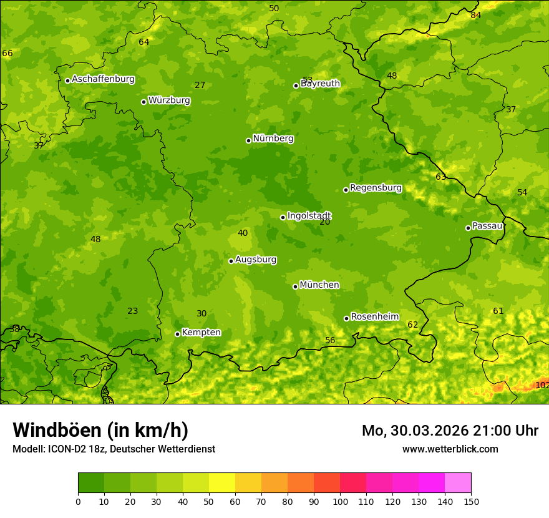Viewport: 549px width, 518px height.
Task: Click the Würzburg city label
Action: pyautogui.click(x=169, y=100)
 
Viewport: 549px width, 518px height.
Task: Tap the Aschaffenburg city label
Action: pyautogui.click(x=103, y=79)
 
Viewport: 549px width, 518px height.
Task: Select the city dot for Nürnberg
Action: pyautogui.click(x=248, y=140)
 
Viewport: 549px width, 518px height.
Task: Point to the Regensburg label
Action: pyautogui.click(x=376, y=188)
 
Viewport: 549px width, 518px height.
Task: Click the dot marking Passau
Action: pyautogui.click(x=468, y=228)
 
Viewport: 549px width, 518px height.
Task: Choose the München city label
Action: pyautogui.click(x=319, y=285)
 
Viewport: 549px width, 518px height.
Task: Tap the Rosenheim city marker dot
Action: pyautogui.click(x=346, y=318)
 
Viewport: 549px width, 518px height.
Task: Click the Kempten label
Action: pyautogui.click(x=201, y=333)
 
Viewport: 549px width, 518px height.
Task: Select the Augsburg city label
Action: pyautogui.click(x=256, y=260)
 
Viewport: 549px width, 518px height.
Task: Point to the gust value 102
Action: pyautogui.click(x=542, y=385)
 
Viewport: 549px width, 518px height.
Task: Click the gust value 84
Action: pyautogui.click(x=476, y=15)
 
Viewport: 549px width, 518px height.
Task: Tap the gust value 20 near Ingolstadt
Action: pyautogui.click(x=325, y=222)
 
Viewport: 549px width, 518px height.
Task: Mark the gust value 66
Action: pyautogui.click(x=7, y=54)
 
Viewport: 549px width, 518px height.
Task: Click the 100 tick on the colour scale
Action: pyautogui.click(x=340, y=501)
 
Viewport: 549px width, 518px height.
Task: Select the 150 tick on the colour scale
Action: pyautogui.click(x=471, y=501)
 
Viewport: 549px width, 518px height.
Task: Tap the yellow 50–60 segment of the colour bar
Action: pyautogui.click(x=222, y=483)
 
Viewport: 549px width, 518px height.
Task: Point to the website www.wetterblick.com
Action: pyautogui.click(x=450, y=449)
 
